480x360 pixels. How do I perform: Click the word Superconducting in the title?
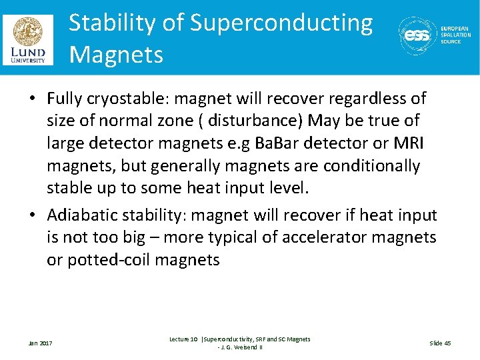281,23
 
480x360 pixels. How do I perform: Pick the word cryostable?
131,99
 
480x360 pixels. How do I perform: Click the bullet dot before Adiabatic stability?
33,215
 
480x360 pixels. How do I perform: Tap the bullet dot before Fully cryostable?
33,99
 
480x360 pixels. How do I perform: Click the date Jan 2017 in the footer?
41,343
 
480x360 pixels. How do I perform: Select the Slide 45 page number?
440,343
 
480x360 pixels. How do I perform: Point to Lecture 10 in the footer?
183,339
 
